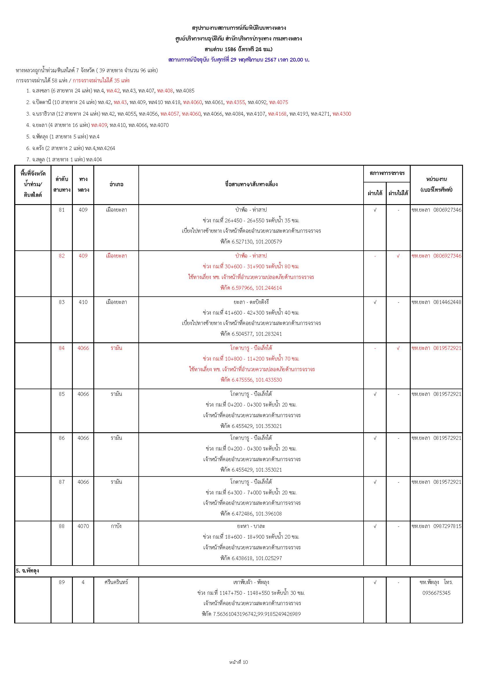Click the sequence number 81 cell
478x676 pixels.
62,210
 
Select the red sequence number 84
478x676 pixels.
62,348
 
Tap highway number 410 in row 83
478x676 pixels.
83,302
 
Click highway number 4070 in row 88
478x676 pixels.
83,526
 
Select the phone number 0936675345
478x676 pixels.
436,593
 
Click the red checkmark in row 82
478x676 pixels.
398,256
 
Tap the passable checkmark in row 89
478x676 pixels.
375,582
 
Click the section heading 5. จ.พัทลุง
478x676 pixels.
27,570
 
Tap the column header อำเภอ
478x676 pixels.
116,184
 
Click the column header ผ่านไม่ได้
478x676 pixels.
398,193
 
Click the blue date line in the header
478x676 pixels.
239,60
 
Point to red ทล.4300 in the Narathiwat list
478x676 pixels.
342,114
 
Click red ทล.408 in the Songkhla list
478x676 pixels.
165,91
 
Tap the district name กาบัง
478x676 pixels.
116,526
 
